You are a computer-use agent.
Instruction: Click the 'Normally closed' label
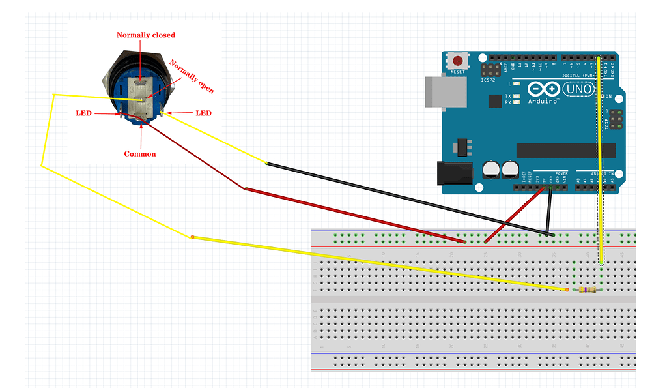[x=145, y=35]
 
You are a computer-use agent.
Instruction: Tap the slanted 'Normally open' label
[x=192, y=77]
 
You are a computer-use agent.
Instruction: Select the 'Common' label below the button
[x=140, y=154]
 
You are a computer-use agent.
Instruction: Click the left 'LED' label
[x=83, y=113]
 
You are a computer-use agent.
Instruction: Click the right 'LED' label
[x=203, y=113]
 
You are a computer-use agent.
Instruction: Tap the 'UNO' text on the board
[x=577, y=88]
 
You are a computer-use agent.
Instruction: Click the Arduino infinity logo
[x=542, y=89]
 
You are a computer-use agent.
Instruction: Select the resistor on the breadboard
[x=588, y=290]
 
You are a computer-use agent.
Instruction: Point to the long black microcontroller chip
[x=565, y=150]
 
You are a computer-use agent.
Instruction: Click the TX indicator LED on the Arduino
[x=516, y=97]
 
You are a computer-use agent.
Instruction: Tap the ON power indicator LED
[x=601, y=97]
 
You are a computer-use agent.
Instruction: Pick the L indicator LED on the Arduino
[x=516, y=84]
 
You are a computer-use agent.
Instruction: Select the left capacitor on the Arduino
[x=490, y=170]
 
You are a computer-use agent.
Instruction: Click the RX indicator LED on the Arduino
[x=516, y=102]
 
